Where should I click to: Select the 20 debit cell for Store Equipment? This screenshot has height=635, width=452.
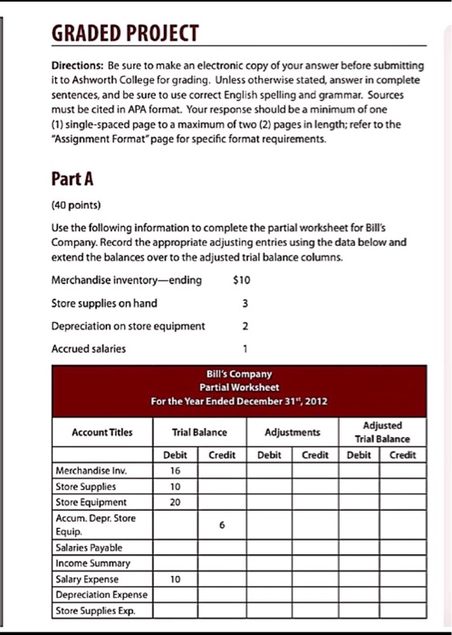pos(175,501)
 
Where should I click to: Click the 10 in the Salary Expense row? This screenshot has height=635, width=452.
pos(175,579)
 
